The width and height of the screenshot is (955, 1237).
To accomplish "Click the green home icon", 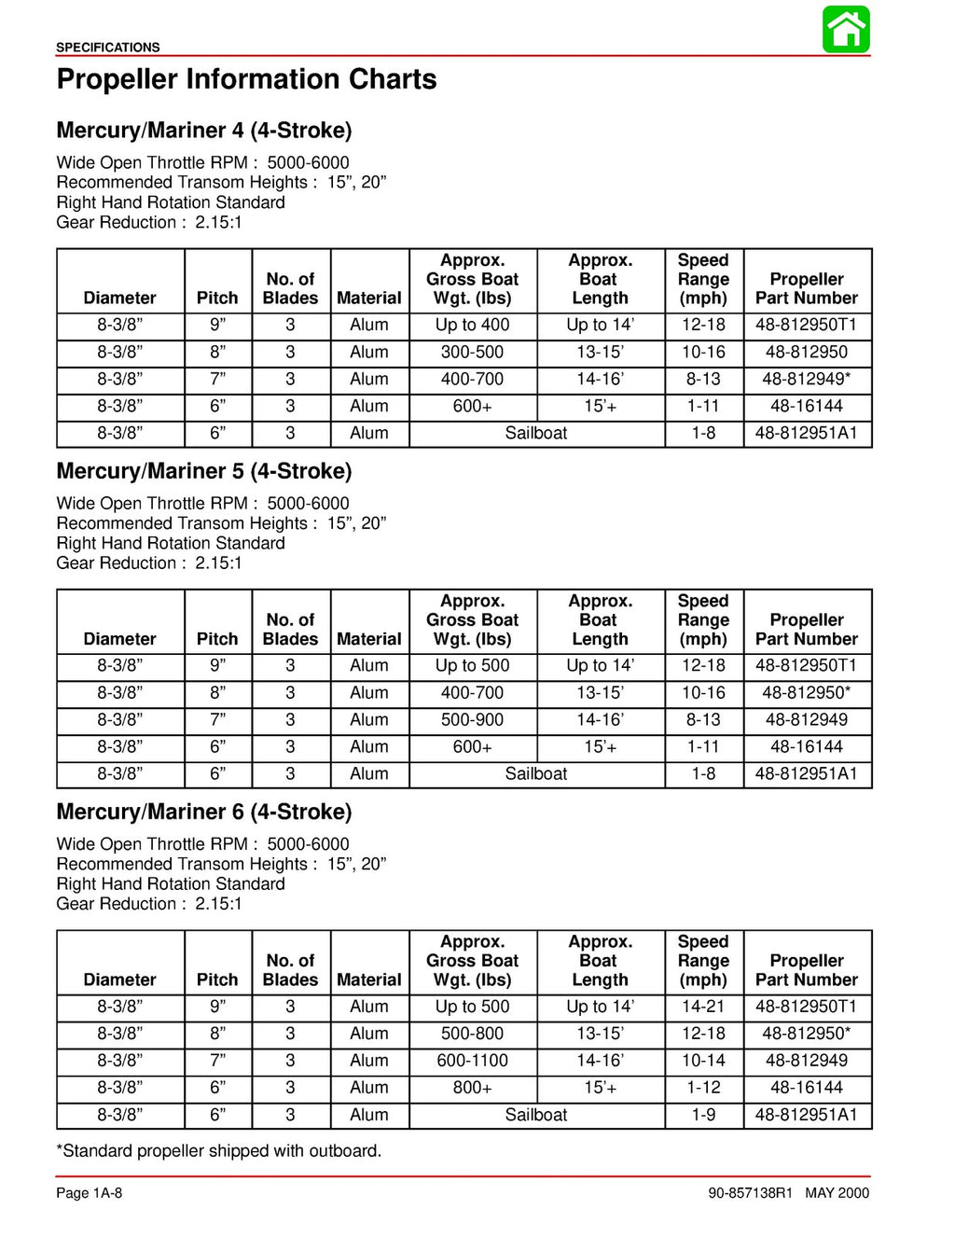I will (846, 30).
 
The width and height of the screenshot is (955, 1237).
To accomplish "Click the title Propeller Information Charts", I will (246, 79).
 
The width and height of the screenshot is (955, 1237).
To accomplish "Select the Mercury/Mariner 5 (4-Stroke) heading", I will (203, 471).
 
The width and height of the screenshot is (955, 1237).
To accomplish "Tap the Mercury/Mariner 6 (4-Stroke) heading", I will (203, 812).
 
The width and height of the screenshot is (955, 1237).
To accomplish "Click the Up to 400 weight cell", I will (472, 325).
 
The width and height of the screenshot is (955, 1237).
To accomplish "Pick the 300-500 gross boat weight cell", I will (472, 352).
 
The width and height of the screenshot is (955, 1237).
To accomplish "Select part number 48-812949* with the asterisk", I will (806, 379).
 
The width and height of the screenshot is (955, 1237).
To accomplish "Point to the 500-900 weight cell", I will (472, 719).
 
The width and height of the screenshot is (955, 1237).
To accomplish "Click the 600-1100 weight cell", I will (472, 1061).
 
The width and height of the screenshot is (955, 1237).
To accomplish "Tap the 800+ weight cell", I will (472, 1088).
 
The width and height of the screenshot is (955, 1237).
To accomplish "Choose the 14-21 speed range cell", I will (703, 1007).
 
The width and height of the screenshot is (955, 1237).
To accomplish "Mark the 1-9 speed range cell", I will (703, 1115).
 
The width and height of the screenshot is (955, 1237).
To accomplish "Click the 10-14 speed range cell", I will (703, 1061).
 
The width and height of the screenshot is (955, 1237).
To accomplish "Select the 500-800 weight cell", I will (472, 1034).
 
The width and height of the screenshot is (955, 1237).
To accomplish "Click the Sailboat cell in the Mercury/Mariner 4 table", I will (535, 433).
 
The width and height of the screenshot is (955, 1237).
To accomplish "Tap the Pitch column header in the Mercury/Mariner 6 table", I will (217, 980).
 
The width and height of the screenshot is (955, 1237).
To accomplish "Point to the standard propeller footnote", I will (219, 1150).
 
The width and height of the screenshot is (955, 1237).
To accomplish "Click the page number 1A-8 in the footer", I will (90, 1193).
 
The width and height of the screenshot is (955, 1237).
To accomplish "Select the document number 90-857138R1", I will (750, 1193).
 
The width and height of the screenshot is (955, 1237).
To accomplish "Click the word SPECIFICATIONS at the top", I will (107, 48).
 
